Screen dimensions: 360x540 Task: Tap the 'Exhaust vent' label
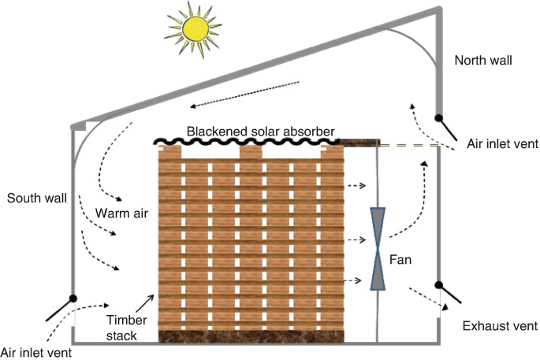[x=489, y=326]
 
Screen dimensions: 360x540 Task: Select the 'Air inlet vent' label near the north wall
[x=502, y=143]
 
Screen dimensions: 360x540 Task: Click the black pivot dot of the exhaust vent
[x=439, y=285]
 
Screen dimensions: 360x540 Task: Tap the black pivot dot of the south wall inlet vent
[x=73, y=299]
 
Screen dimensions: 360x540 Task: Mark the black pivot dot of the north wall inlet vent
[x=439, y=119]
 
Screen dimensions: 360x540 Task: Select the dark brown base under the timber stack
[x=251, y=336]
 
